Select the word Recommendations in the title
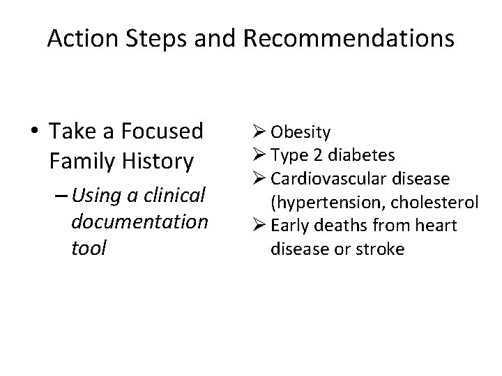[x=349, y=39]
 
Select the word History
[x=158, y=162]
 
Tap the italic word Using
[x=98, y=196]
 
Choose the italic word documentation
[x=139, y=222]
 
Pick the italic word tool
[x=89, y=248]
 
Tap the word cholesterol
[x=436, y=203]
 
